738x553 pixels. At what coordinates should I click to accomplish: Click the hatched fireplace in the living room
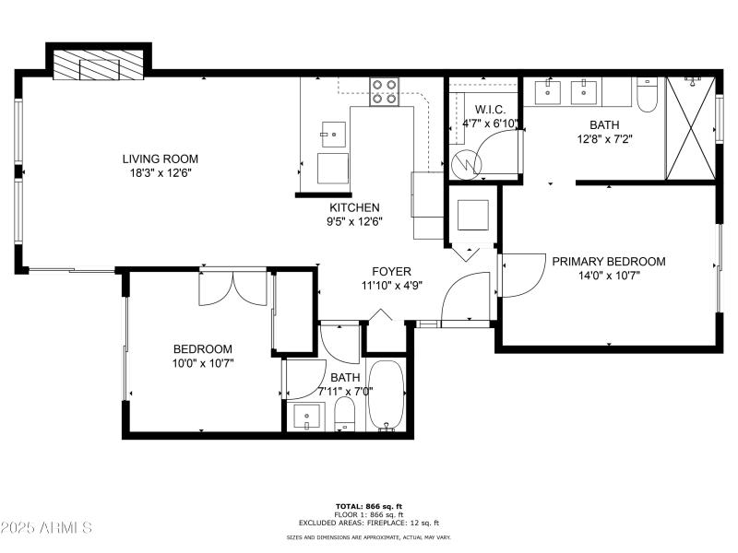[97, 67]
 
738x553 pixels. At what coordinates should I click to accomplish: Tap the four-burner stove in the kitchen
[385, 92]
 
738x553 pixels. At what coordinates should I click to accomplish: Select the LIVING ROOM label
[161, 159]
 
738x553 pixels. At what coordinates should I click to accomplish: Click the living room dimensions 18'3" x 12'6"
[161, 172]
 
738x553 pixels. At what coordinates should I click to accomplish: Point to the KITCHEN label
[355, 207]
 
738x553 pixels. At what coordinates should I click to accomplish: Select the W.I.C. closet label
[478, 109]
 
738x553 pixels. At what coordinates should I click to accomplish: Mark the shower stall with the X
[689, 128]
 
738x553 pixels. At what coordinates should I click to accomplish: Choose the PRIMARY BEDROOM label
[608, 261]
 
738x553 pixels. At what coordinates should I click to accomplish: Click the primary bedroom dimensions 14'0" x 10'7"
[608, 275]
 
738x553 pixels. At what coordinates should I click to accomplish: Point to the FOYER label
[391, 271]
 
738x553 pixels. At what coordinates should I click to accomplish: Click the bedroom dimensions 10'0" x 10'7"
[203, 363]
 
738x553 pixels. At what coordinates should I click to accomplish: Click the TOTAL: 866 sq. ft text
[368, 506]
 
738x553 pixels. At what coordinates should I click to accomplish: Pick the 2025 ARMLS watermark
[46, 528]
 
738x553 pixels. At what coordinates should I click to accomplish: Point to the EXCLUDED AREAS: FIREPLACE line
[368, 523]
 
